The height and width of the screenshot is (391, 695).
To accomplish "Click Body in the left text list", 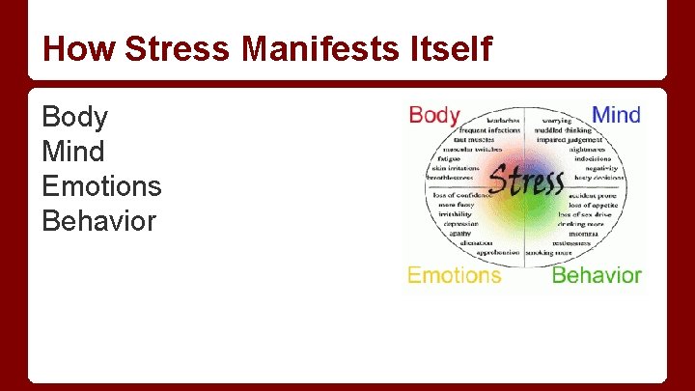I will (x=74, y=118).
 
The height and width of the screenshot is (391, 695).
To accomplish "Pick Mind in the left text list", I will (x=73, y=153).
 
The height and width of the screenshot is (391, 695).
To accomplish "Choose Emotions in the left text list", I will (x=101, y=186).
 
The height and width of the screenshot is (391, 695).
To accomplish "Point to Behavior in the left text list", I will (x=98, y=221).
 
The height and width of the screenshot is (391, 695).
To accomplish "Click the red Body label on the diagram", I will (x=434, y=116).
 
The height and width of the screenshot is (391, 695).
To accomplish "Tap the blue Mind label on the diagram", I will (x=616, y=116).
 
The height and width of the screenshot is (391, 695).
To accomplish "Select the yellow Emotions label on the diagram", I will (x=454, y=275).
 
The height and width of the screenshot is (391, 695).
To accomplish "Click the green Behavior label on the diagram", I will (x=597, y=275).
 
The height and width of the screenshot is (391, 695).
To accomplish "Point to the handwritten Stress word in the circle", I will (x=526, y=181).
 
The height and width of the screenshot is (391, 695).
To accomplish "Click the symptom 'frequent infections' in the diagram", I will (x=489, y=130).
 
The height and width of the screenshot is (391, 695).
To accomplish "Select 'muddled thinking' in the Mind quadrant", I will (x=563, y=130).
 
